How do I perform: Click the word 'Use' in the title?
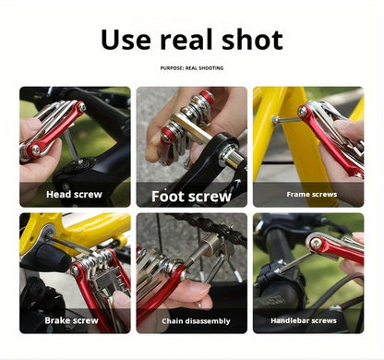(132, 40)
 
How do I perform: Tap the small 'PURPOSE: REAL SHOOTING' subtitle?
(191, 67)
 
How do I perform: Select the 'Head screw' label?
(75, 195)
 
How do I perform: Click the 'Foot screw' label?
(191, 196)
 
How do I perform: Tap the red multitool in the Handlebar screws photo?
(337, 247)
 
